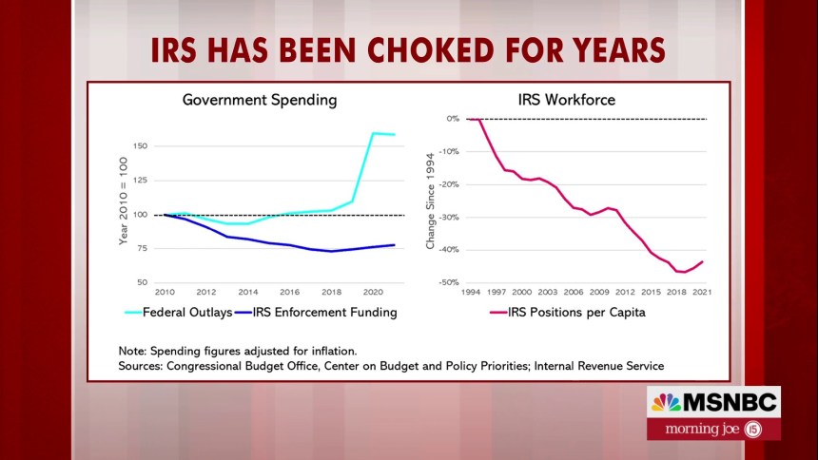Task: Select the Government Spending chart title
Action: (x=260, y=99)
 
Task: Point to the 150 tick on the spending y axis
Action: (x=141, y=146)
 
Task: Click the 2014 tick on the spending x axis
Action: (x=248, y=291)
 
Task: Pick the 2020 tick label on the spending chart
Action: (x=373, y=291)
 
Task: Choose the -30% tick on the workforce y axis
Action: (x=449, y=217)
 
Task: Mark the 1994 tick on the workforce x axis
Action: (x=471, y=291)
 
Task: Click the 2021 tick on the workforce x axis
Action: (x=702, y=291)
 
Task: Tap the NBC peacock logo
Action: (x=666, y=402)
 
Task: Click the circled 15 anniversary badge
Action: (x=755, y=429)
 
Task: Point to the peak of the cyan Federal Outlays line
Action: (x=374, y=133)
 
